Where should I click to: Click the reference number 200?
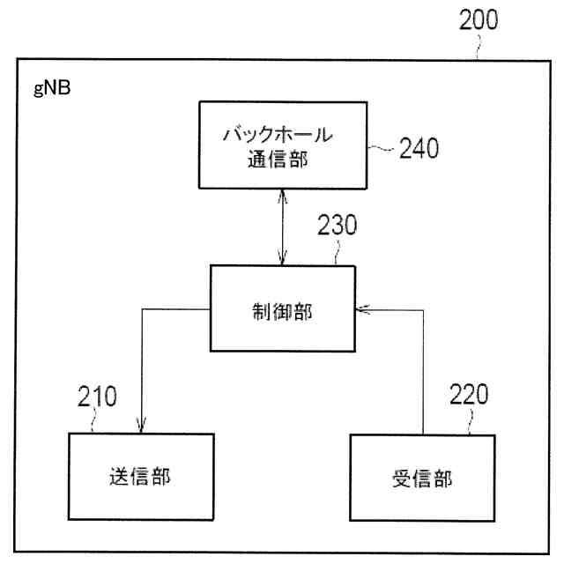(x=478, y=20)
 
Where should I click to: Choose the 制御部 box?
(x=281, y=309)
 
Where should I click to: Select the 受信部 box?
(x=421, y=479)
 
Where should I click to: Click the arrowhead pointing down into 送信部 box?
(x=142, y=427)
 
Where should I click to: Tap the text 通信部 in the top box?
(x=280, y=160)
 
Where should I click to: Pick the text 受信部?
(x=421, y=479)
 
